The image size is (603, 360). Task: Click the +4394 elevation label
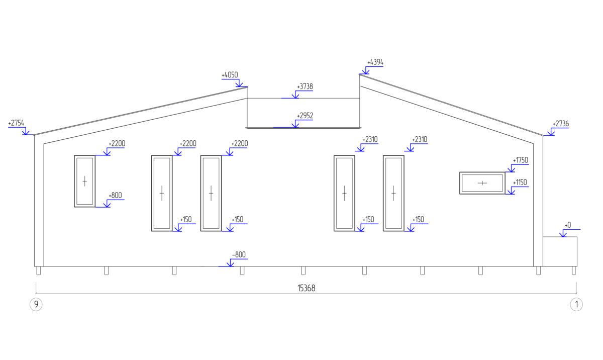coord(375,62)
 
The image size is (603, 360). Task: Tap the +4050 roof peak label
coord(230,75)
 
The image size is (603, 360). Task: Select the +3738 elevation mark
coord(305,86)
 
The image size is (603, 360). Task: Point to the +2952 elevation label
coord(305,116)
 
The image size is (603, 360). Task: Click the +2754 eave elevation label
coord(16,123)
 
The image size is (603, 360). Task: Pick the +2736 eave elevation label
coord(561,124)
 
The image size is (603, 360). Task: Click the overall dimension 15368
coord(307,288)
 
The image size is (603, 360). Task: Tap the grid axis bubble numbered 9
coord(36,305)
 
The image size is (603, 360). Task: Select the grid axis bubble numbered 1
coord(576,305)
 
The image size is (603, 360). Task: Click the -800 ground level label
coord(239,255)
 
